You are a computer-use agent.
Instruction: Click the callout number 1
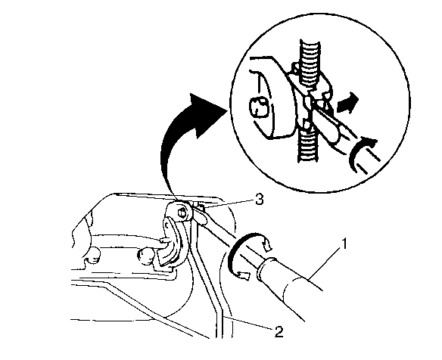344,244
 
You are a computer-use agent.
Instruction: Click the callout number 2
279,332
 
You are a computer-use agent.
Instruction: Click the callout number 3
259,200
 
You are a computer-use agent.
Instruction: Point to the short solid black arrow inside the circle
348,103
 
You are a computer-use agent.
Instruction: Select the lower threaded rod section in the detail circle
308,144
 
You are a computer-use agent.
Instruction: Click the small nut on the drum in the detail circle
257,107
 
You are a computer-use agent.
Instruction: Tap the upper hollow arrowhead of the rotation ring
266,243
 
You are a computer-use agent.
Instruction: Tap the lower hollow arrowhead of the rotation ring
244,276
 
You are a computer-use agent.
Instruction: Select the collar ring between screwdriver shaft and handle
266,268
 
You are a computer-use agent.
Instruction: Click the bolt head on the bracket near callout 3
182,213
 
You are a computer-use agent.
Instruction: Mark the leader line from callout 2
249,322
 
